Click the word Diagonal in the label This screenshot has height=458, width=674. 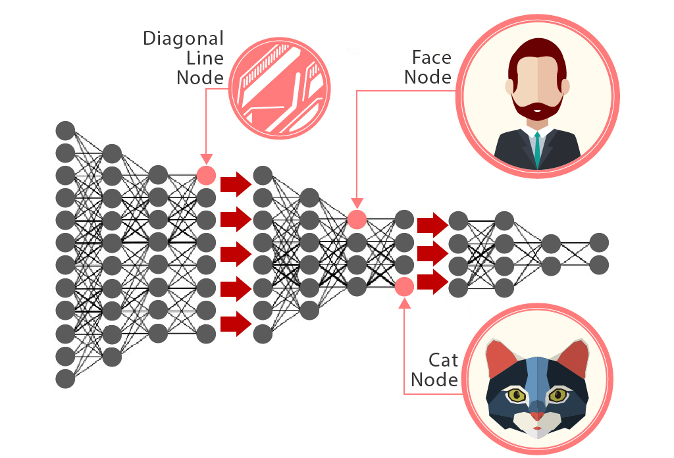coord(184,38)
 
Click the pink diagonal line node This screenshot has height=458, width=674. coord(206,175)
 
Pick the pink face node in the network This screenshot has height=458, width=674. coord(356,219)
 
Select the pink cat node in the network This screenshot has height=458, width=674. coord(404,286)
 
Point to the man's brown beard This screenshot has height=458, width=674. coord(538,109)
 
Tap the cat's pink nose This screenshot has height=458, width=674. coord(538,417)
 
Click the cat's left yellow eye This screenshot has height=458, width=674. coord(516,395)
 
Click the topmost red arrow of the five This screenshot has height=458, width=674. coord(236,184)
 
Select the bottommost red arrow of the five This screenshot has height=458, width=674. coord(236,323)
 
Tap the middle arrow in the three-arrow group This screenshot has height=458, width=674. coord(432,253)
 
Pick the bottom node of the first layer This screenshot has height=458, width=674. coord(65,378)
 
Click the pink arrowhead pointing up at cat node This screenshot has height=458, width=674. coord(404,302)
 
